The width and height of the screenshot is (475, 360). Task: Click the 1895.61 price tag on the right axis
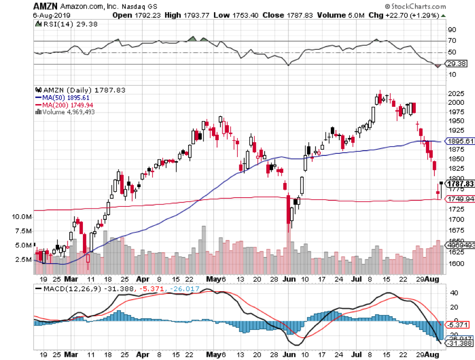click(x=460, y=142)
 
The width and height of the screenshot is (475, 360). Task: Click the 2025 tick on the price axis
click(x=455, y=93)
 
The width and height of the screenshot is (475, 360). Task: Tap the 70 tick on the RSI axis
click(x=452, y=41)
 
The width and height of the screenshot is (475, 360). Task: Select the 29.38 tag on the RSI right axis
click(x=456, y=63)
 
